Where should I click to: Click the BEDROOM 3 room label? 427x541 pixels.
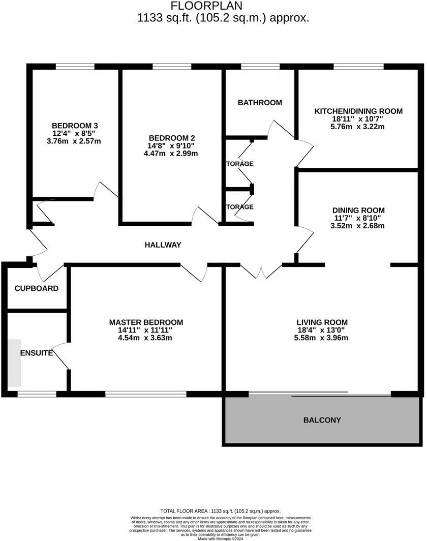point(75,126)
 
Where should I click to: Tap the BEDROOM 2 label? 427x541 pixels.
point(172,138)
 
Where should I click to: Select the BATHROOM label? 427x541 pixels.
point(260,103)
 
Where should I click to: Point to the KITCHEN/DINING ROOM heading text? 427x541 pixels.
point(358,111)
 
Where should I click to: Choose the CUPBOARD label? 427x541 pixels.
point(37,288)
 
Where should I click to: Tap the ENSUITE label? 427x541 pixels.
point(37,353)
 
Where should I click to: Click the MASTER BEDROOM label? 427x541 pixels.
point(146,322)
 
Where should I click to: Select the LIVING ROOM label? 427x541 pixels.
point(322,322)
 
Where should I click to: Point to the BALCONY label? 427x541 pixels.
point(322,420)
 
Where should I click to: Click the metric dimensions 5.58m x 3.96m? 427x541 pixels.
point(322,338)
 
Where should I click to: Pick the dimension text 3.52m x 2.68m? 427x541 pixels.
point(358,226)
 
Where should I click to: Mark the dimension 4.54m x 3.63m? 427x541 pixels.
point(146,338)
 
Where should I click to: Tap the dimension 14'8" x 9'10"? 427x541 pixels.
point(172,145)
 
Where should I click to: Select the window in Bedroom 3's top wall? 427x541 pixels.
point(75,67)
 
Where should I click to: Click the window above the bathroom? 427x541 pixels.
point(260,67)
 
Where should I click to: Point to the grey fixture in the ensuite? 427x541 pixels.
point(14,363)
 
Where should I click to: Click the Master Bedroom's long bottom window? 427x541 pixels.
point(146,394)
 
